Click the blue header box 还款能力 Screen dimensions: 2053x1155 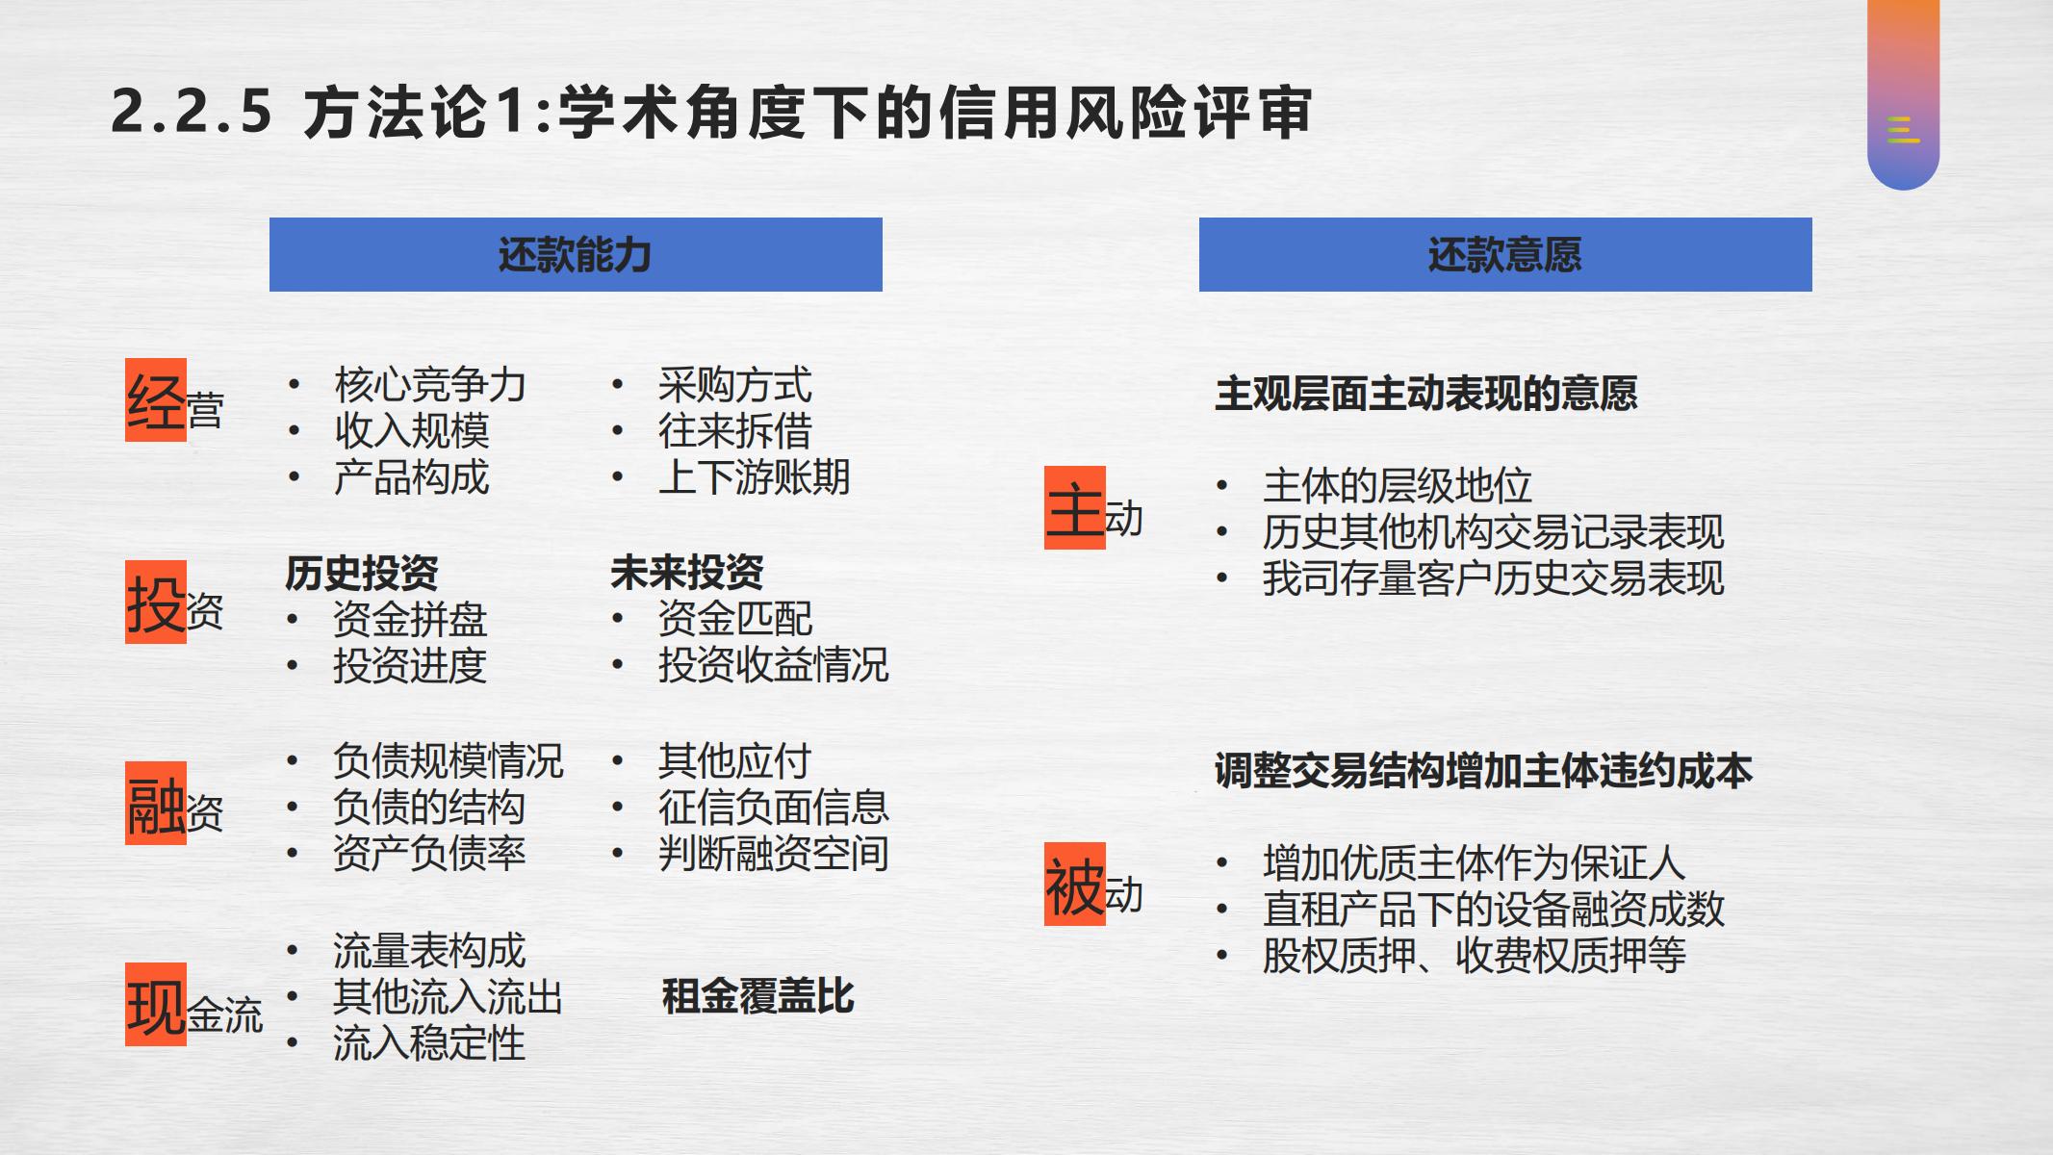[x=576, y=254]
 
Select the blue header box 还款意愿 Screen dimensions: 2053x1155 [x=1505, y=254]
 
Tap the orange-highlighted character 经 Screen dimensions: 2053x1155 [x=156, y=400]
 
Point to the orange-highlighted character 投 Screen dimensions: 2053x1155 [x=156, y=603]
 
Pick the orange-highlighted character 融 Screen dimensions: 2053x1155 [x=156, y=804]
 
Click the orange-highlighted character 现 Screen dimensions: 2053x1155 [x=156, y=1005]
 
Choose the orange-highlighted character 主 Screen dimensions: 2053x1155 [x=1075, y=508]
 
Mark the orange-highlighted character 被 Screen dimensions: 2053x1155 [x=1075, y=885]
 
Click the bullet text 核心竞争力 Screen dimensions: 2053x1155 [x=430, y=385]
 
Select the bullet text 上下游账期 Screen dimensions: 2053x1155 [x=755, y=477]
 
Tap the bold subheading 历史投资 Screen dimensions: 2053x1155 [x=362, y=574]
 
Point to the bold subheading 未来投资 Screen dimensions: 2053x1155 [x=687, y=574]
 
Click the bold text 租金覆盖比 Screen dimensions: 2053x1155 [x=758, y=997]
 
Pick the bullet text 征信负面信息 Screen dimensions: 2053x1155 [x=774, y=807]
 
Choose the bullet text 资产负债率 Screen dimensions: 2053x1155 [x=429, y=853]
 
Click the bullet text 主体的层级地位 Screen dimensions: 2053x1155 [x=1398, y=486]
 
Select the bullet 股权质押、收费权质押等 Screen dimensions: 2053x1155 [x=1475, y=956]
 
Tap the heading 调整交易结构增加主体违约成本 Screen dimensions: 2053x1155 [x=1484, y=772]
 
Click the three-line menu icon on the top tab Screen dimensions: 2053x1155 [x=1903, y=129]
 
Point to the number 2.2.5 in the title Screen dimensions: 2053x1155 [x=192, y=112]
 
